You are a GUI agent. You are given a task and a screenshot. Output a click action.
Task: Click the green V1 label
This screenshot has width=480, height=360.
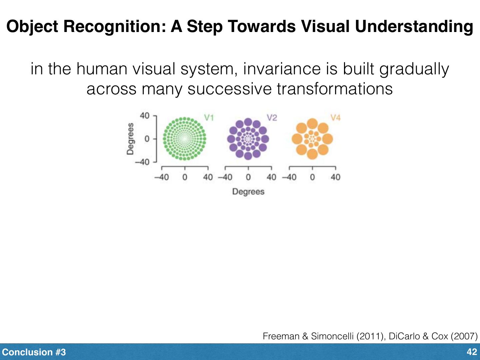click(x=209, y=117)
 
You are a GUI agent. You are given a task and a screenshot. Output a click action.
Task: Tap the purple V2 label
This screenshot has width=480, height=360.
click(x=272, y=117)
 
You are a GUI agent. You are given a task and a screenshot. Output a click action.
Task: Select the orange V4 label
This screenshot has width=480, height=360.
click(x=335, y=117)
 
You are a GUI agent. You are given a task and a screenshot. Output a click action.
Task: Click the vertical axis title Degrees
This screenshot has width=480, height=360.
click(x=130, y=139)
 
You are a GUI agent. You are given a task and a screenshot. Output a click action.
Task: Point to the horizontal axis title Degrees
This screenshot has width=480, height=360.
click(x=248, y=192)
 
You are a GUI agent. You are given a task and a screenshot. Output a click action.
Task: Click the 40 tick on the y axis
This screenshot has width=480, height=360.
click(x=145, y=116)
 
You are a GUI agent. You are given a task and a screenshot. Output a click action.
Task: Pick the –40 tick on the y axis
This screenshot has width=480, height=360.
click(x=143, y=162)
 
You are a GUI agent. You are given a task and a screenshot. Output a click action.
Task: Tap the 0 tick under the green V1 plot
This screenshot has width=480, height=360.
click(x=185, y=177)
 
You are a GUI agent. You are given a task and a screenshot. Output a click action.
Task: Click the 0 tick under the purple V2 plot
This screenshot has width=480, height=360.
click(x=248, y=177)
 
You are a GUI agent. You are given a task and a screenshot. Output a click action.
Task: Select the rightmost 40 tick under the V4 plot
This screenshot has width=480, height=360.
click(x=335, y=177)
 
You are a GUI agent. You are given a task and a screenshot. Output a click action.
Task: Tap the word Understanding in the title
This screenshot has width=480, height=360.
click(x=414, y=27)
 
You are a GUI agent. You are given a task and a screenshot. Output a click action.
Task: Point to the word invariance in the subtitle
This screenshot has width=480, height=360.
click(x=281, y=69)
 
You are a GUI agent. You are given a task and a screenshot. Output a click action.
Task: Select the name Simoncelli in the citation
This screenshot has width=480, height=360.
click(x=332, y=336)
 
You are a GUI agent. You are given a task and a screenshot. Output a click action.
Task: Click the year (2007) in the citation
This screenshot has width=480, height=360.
click(x=464, y=336)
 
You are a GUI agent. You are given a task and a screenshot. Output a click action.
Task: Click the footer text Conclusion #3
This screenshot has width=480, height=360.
click(x=34, y=352)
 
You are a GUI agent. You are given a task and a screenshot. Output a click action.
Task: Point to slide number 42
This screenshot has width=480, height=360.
click(x=472, y=352)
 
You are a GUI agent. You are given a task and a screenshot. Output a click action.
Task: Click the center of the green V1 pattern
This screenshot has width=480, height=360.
click(x=184, y=139)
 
